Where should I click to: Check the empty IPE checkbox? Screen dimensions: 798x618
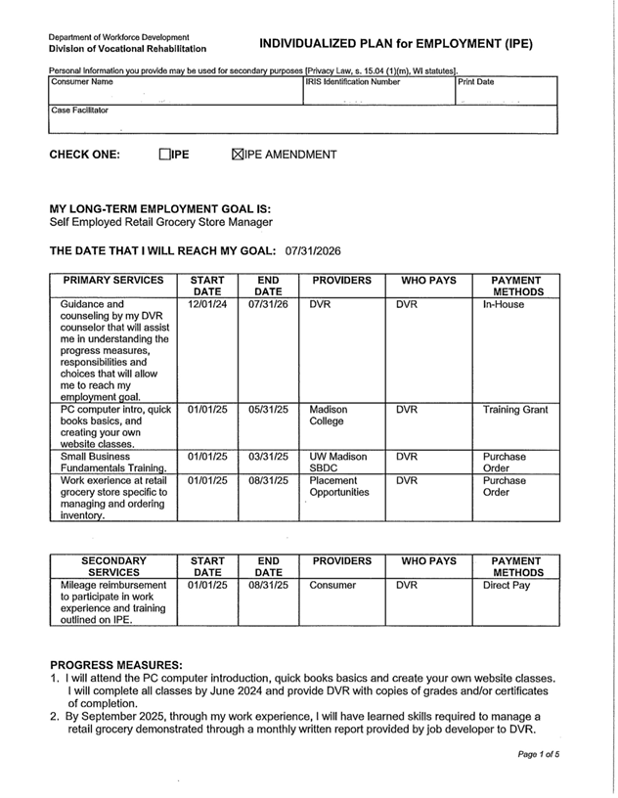tap(164, 155)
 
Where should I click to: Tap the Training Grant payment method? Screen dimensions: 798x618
tap(514, 410)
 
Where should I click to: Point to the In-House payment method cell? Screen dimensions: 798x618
tap(503, 304)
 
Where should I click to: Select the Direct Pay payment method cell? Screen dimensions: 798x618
tap(507, 585)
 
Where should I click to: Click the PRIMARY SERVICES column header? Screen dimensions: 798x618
tap(112, 281)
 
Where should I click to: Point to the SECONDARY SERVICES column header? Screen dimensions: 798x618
tap(112, 567)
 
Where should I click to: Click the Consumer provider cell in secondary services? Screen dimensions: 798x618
tap(332, 585)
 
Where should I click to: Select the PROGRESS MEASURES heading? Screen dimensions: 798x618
tap(115, 665)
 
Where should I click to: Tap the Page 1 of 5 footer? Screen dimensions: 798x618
tap(539, 754)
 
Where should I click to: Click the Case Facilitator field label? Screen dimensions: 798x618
tap(80, 111)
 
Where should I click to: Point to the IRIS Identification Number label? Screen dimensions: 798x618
tap(352, 82)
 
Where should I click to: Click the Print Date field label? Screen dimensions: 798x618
tap(477, 82)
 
